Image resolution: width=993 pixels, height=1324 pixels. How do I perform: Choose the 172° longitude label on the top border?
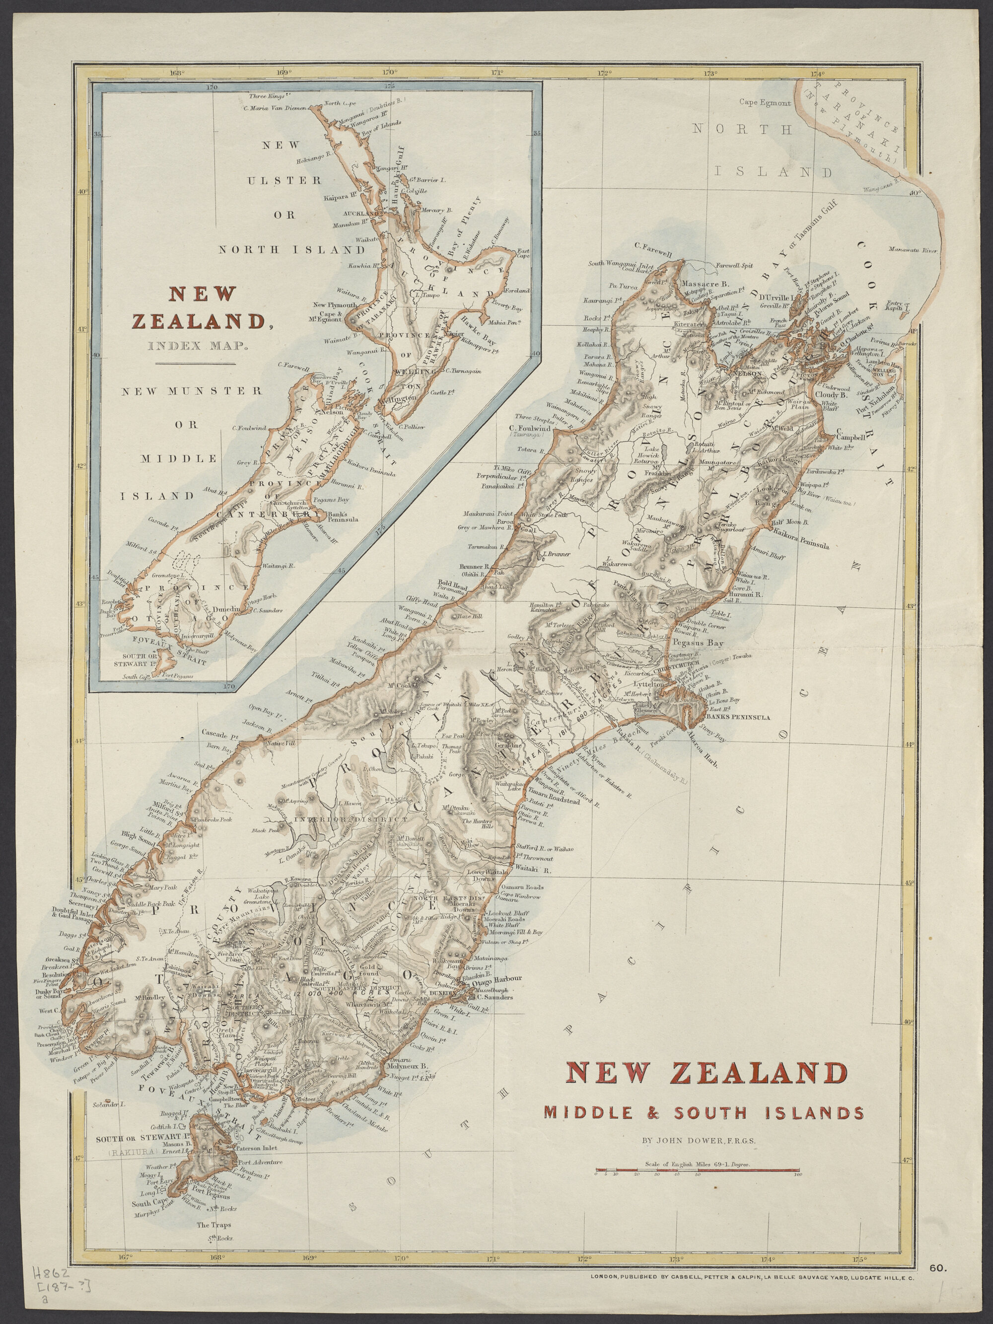[604, 74]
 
